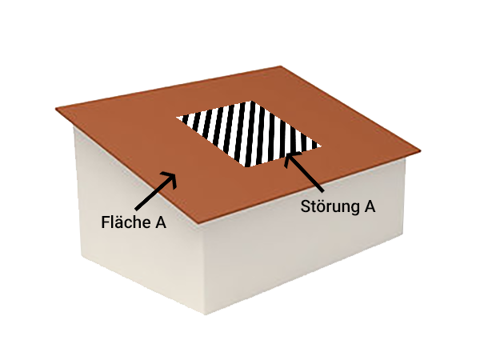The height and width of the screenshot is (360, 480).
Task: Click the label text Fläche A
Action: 133,222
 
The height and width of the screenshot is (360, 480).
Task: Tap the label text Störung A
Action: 338,206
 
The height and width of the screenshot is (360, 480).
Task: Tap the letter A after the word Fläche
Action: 160,222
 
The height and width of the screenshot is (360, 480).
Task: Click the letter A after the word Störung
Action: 369,206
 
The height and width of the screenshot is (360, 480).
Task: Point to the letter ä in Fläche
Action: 119,222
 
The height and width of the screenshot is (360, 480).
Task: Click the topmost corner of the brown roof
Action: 281,66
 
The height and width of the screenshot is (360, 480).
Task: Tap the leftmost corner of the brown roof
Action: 57,108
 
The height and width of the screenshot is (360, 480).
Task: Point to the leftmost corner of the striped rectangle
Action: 178,118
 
